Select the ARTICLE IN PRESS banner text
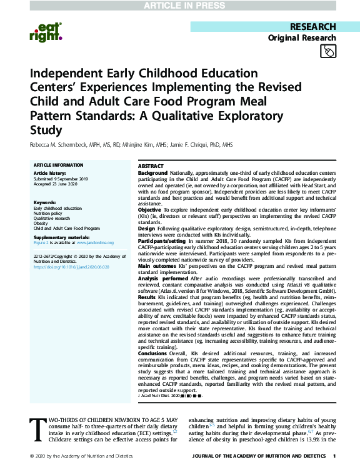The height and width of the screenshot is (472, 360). pos(179,6)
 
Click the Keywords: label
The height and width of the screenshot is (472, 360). pos(45,203)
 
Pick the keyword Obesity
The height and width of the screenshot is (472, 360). pos(42,223)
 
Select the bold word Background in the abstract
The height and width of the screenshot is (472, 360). pos(152,172)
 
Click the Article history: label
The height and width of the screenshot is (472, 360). pos(48,171)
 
